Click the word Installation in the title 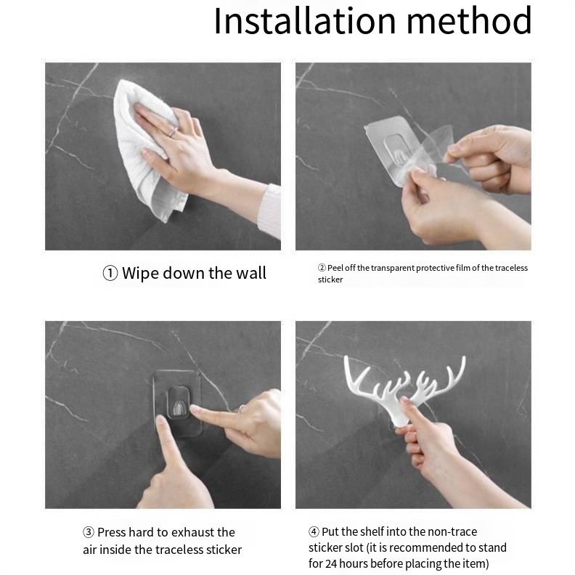305,21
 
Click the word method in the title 470,21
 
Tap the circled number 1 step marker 110,274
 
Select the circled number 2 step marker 322,268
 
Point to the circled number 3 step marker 89,532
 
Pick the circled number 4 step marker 314,531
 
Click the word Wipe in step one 140,274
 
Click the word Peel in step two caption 335,268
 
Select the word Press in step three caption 112,532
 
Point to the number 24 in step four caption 331,563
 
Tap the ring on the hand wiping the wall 173,131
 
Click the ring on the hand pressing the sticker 242,408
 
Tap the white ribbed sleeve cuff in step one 270,211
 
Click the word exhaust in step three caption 194,532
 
